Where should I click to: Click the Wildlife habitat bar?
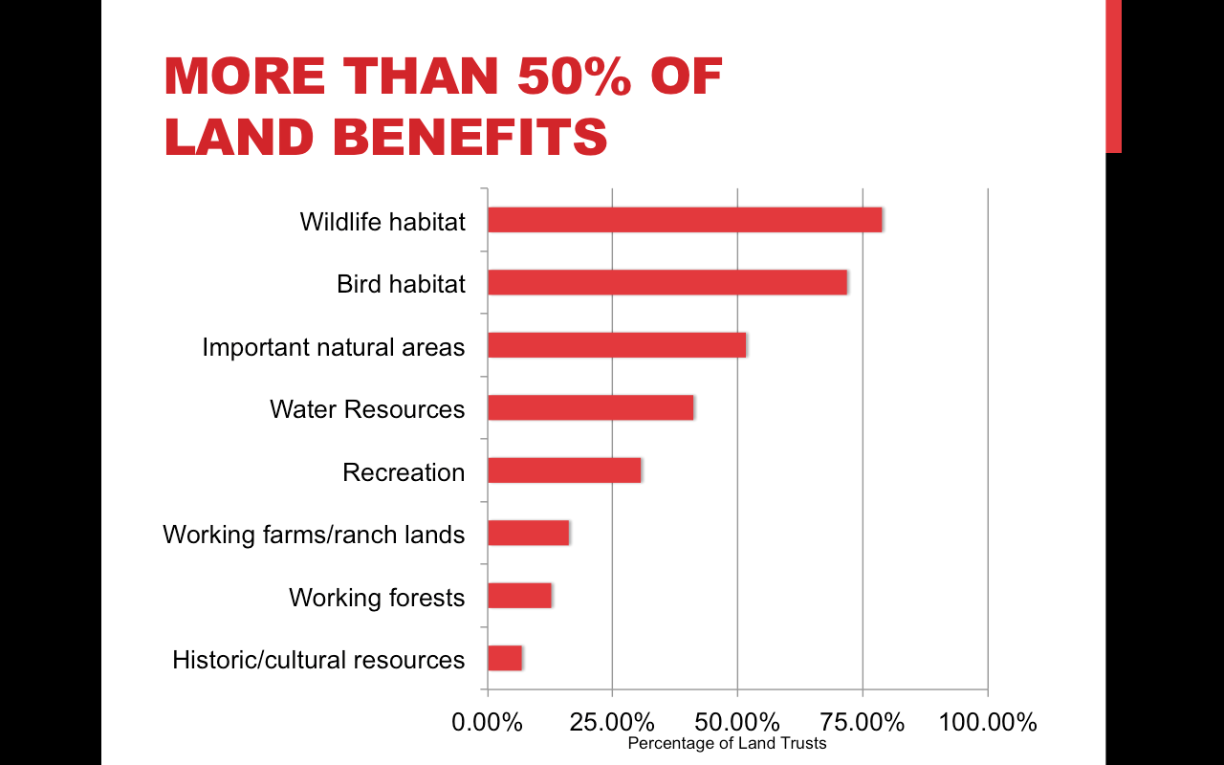[685, 220]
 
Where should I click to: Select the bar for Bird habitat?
[667, 283]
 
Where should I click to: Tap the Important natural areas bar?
[617, 345]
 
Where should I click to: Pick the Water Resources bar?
[591, 408]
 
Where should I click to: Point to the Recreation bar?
[564, 470]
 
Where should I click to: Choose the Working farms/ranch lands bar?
[529, 534]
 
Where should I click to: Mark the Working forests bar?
[519, 596]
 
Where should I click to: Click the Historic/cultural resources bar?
[505, 659]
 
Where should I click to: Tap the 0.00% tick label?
[487, 722]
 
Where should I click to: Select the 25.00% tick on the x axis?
[612, 722]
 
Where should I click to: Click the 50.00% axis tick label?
[737, 722]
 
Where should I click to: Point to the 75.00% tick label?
[863, 722]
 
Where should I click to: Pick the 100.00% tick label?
[988, 722]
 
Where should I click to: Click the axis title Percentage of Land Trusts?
[727, 743]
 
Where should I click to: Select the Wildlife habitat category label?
[382, 222]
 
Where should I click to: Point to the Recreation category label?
[404, 472]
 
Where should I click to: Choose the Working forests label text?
[377, 598]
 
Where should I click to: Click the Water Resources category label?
[367, 409]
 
